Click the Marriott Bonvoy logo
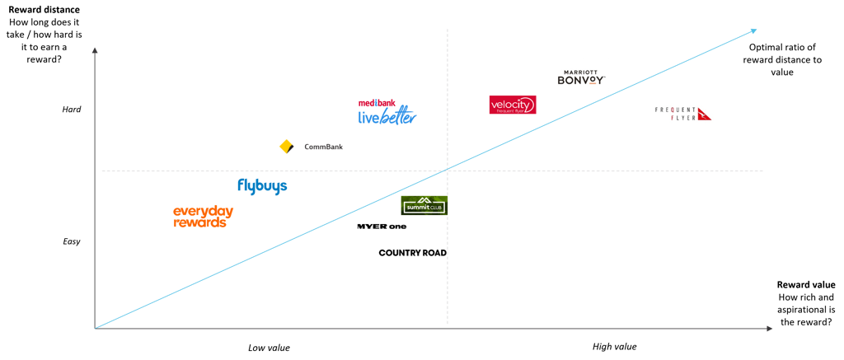pos(580,77)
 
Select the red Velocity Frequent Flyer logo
pos(512,105)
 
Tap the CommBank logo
pos(310,147)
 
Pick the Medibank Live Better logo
pos(387,114)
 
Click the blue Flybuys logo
pos(262,186)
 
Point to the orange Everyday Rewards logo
pos(203,217)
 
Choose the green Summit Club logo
pos(424,205)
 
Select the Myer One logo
pos(382,226)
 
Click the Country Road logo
pos(411,253)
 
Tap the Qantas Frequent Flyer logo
pos(682,114)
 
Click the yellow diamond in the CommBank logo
pos(287,147)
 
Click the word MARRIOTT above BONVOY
pos(580,71)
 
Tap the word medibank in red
pos(377,103)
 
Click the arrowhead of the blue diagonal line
pos(753,31)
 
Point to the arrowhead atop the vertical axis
pos(95,49)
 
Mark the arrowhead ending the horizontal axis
pos(770,329)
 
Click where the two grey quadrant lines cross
pos(448,171)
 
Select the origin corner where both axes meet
pos(95,329)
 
